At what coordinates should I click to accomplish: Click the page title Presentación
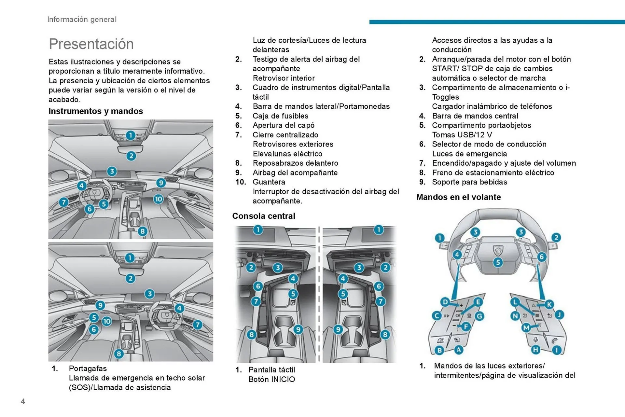tap(91, 44)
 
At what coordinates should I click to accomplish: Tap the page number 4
tap(23, 401)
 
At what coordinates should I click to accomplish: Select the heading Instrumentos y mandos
tap(96, 111)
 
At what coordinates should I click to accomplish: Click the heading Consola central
tap(264, 216)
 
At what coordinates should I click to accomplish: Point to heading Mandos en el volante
tap(458, 197)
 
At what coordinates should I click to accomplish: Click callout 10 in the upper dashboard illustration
tap(158, 199)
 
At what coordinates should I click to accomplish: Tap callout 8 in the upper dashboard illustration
tap(142, 231)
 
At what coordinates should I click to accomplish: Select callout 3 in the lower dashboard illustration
tap(149, 294)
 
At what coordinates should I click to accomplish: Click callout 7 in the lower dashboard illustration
tap(198, 325)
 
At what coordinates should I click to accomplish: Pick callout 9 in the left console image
tap(298, 329)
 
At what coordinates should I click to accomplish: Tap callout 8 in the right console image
tap(385, 335)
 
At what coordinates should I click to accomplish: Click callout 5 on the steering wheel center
tap(497, 262)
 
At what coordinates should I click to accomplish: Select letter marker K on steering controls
tap(549, 304)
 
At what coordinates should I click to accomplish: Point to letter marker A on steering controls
tap(458, 350)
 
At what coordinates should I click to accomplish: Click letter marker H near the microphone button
tap(535, 350)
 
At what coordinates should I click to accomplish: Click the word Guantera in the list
tap(269, 182)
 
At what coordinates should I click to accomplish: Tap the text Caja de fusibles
tap(280, 116)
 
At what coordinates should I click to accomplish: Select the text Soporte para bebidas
tap(469, 182)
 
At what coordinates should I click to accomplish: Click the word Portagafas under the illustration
tap(88, 368)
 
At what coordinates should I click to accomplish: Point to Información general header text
tap(82, 20)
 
